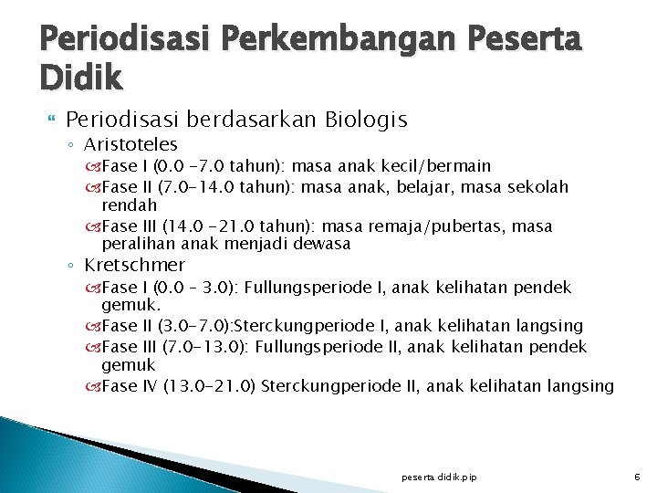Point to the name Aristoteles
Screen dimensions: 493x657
tap(131, 144)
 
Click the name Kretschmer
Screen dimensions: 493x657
tap(134, 266)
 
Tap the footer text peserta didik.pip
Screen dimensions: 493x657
tap(438, 477)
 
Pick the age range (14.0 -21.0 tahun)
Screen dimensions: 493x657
tap(233, 226)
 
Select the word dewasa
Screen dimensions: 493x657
tap(325, 244)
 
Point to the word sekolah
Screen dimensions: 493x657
tap(539, 187)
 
